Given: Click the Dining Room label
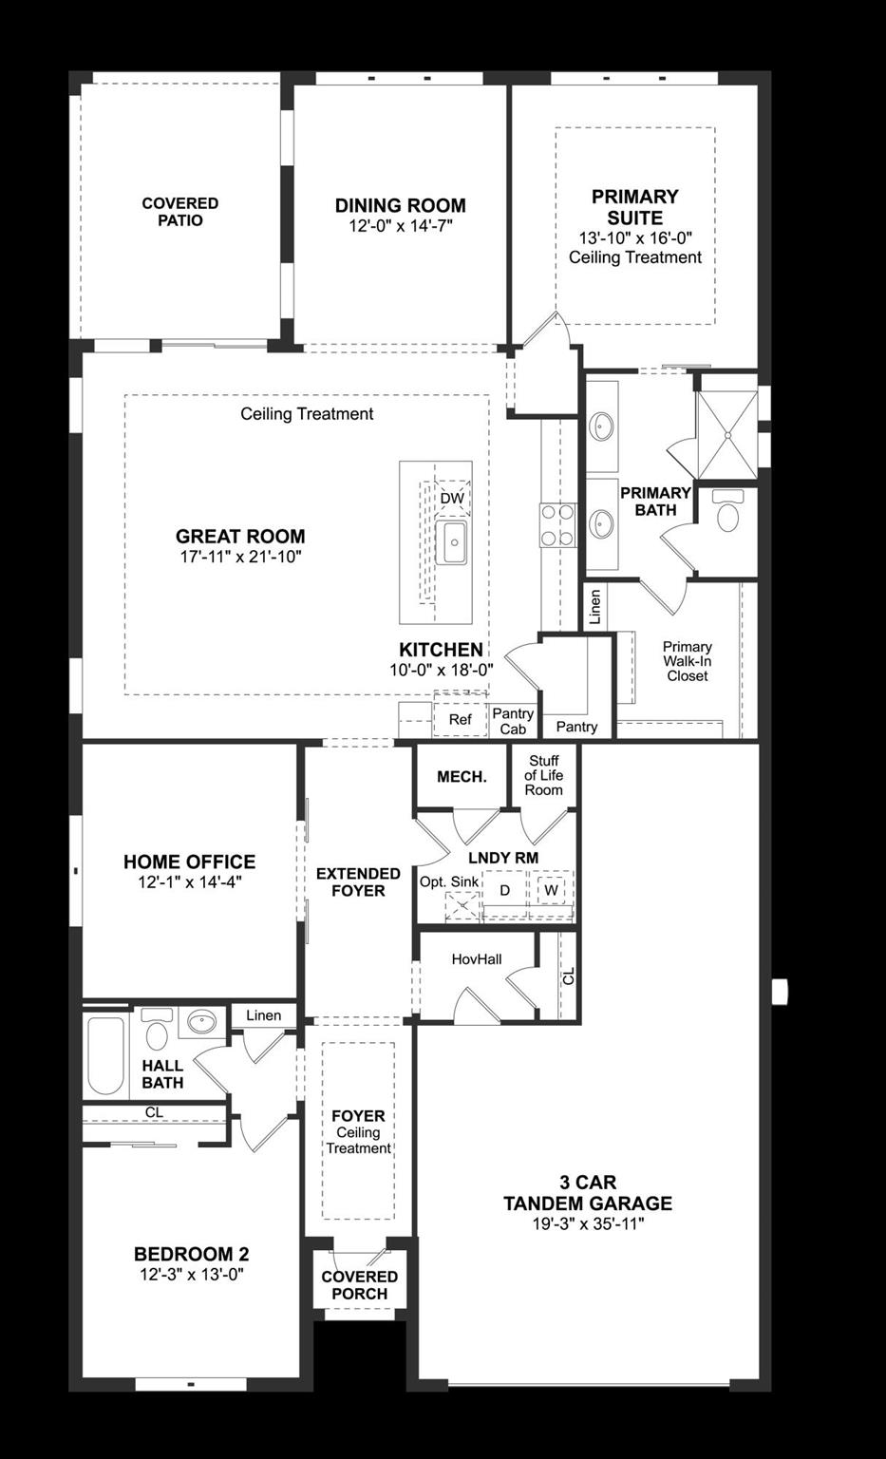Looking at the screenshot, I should [400, 205].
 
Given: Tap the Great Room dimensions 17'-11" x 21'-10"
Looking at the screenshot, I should [240, 557].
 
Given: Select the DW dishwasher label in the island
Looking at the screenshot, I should [452, 499].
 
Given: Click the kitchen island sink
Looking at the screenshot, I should [452, 542].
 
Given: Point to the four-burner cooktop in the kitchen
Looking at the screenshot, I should [557, 525].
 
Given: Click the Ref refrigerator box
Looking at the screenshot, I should [460, 720].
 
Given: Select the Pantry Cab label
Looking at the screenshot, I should [513, 722].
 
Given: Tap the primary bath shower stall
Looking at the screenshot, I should [727, 434].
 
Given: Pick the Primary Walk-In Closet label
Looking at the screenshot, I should [688, 661].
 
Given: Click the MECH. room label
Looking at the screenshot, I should [462, 777].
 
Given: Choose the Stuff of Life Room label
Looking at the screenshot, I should [544, 775].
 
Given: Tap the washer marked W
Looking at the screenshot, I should [551, 891].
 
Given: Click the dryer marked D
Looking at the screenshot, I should [505, 891].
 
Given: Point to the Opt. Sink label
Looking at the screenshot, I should [449, 881].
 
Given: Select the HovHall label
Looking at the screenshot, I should [477, 959].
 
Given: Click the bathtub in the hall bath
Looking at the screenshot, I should [105, 1056].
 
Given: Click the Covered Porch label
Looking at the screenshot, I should [359, 1285].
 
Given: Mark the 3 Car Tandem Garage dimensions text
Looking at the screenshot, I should [588, 1224].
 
